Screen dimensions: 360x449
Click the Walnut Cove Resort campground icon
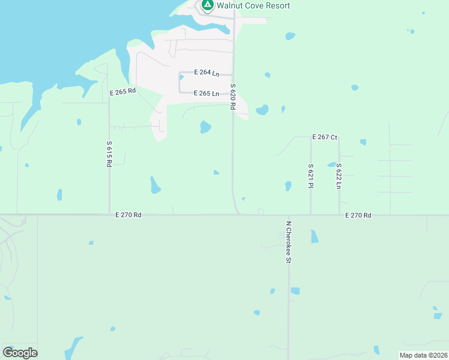click(207, 5)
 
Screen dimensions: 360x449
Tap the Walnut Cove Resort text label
click(253, 5)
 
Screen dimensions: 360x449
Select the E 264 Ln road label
click(206, 73)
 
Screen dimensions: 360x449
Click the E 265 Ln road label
click(206, 94)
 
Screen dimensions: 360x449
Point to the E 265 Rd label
click(123, 92)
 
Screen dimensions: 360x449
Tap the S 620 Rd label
click(232, 96)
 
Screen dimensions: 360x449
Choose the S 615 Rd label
click(109, 154)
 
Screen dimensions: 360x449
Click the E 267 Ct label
click(325, 137)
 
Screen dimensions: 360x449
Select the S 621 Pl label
click(310, 176)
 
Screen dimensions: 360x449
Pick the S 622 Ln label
click(339, 176)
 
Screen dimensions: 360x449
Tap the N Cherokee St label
click(288, 242)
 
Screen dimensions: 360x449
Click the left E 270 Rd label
click(128, 214)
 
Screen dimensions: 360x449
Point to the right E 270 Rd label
click(358, 215)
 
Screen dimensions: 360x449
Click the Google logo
click(20, 353)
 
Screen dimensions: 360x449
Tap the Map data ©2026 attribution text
click(424, 355)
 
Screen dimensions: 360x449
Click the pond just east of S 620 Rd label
click(262, 110)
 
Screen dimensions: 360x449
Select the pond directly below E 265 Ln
click(205, 127)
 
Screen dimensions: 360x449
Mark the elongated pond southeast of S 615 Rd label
click(155, 185)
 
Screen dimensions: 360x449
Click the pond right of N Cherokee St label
click(315, 236)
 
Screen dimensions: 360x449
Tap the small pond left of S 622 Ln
click(331, 164)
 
